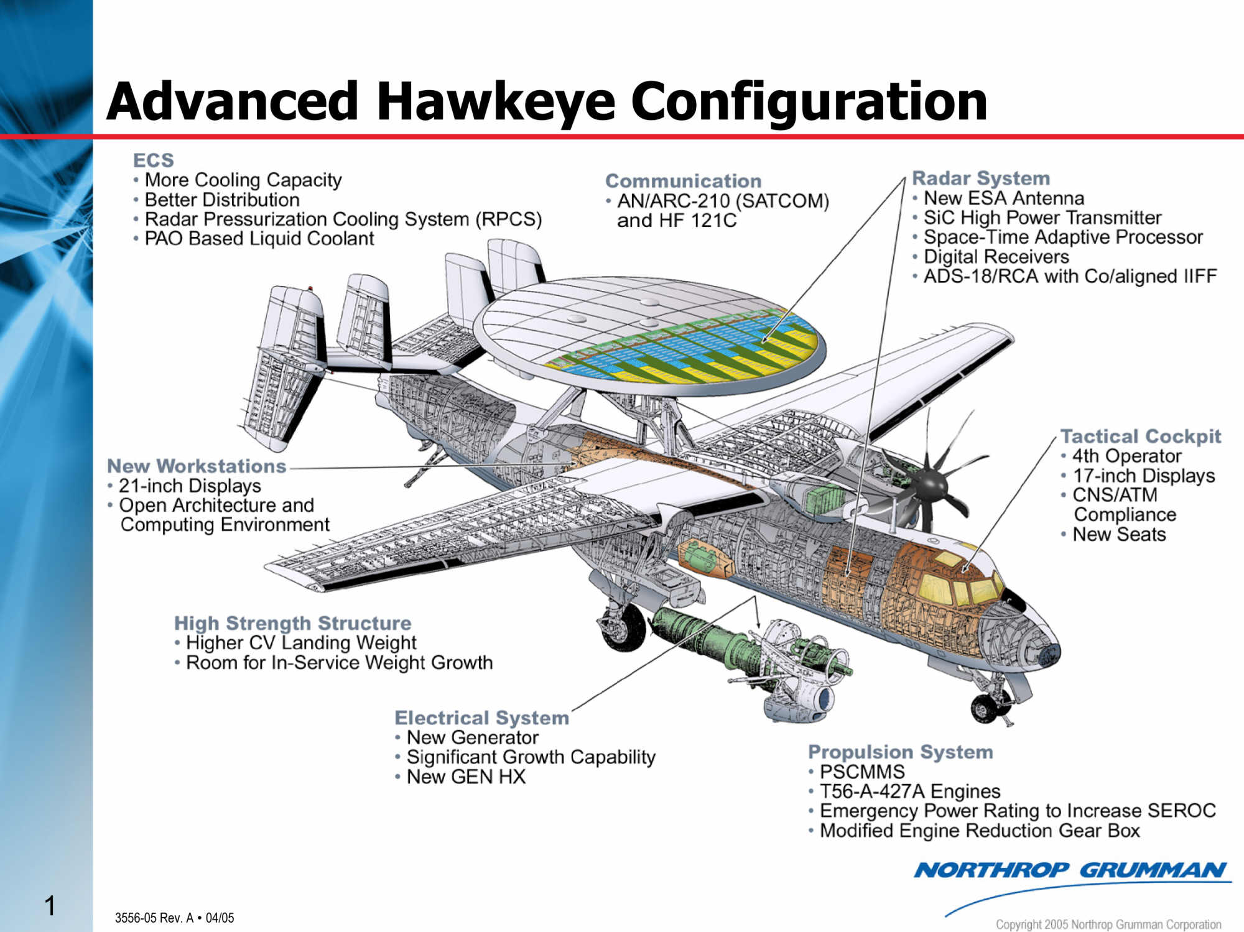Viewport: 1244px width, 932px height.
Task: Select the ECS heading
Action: click(153, 160)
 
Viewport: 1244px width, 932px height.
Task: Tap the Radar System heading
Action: click(980, 178)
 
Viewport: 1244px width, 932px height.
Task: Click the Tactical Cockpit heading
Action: click(1140, 436)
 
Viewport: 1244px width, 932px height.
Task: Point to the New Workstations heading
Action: click(197, 466)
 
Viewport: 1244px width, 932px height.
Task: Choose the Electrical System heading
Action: click(481, 718)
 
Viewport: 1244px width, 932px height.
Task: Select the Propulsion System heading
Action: click(900, 752)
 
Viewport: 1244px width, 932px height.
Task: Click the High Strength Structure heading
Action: click(292, 623)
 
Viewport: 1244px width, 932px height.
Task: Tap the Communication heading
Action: click(683, 181)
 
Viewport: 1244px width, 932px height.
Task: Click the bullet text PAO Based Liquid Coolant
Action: click(259, 239)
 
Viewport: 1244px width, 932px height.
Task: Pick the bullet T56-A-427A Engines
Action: click(909, 791)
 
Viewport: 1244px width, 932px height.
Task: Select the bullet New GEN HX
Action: click(466, 777)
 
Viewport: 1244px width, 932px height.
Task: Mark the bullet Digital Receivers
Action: click(996, 257)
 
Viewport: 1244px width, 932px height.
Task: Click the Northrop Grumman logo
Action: click(1070, 870)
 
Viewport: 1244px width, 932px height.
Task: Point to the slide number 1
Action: click(50, 906)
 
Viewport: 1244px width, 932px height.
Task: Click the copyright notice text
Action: click(1108, 925)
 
